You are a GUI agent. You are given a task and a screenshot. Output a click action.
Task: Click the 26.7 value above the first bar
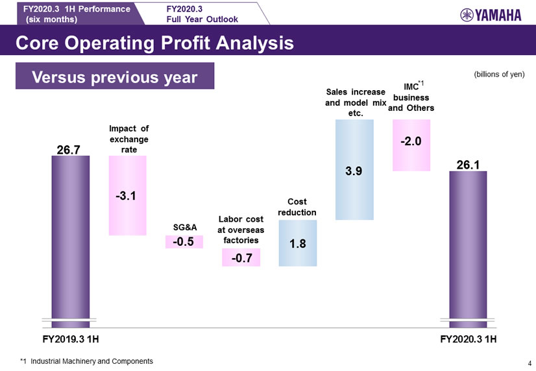69,150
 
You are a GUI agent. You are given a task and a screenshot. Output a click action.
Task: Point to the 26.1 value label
467,165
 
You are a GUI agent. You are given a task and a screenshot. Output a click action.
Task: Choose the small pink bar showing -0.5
184,242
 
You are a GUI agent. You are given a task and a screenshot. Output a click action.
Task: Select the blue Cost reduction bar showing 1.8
298,243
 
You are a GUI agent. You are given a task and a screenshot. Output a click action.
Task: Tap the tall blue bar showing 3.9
354,170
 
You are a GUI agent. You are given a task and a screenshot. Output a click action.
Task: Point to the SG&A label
185,226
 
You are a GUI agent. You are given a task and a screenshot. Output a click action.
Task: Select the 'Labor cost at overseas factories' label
240,230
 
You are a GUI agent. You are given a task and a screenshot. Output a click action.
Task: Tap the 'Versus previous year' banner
114,77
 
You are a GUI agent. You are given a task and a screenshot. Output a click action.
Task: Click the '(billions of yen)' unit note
499,74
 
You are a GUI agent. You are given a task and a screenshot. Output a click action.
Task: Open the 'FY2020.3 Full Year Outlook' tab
202,14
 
